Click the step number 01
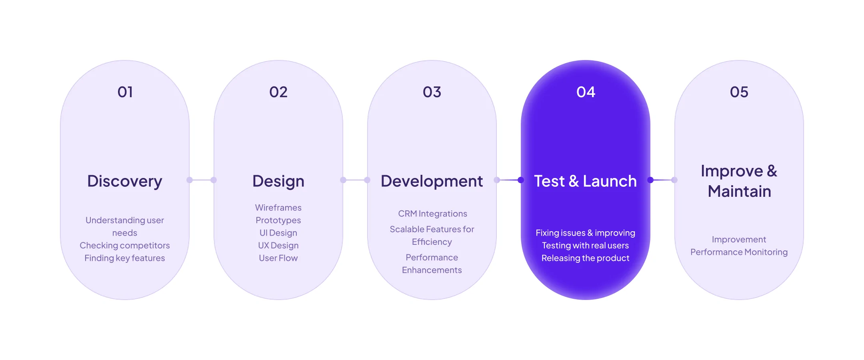pos(125,92)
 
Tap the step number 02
pos(278,92)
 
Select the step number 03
pos(432,92)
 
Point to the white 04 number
pos(586,92)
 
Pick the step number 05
pos(739,92)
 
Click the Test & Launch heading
pos(586,181)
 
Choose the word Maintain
pos(739,191)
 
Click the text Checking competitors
pos(125,245)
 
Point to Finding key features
pos(125,258)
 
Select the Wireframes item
pos(278,208)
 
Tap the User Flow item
pos(278,258)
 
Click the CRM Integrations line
pos(432,214)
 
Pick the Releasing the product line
pos(586,258)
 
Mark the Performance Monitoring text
pos(739,252)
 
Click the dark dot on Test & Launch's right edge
pos(650,180)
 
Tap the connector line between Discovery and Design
pos(202,180)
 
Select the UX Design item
pos(278,245)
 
